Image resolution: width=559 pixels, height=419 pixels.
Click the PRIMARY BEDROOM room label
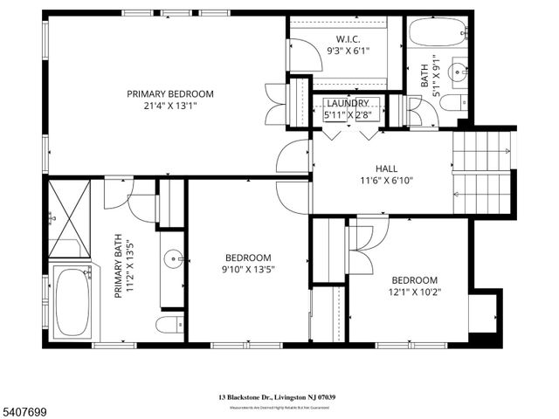click(x=169, y=93)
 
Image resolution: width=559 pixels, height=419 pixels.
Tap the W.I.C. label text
click(x=347, y=38)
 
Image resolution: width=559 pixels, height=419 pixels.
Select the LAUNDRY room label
click(x=348, y=102)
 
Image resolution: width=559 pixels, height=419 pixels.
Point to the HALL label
click(x=386, y=168)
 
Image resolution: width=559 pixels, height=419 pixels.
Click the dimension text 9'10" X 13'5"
click(x=249, y=270)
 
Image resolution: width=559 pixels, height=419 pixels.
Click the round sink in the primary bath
click(x=173, y=258)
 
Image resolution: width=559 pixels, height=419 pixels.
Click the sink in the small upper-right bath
click(x=456, y=71)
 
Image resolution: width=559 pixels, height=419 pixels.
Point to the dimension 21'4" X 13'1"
click(x=169, y=107)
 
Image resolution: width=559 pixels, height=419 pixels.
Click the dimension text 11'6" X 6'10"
click(x=386, y=182)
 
